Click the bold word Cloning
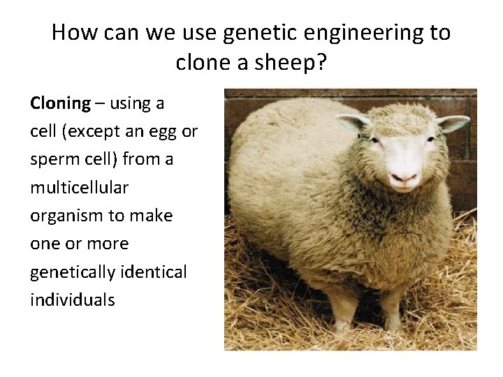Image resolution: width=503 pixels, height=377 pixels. (61, 104)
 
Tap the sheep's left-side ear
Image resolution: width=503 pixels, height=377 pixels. (353, 124)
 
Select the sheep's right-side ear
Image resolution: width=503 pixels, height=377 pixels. (452, 124)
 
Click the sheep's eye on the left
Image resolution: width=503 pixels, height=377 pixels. (376, 140)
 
